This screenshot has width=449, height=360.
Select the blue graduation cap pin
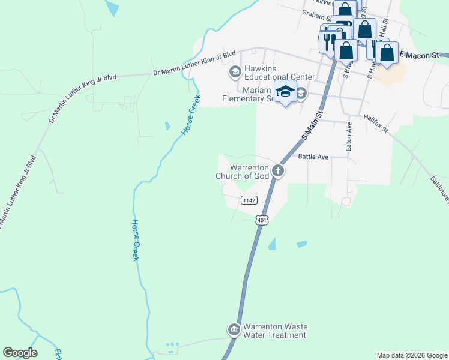(x=285, y=92)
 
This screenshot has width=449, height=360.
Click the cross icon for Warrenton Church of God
(x=277, y=171)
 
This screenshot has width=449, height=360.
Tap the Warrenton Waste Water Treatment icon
(x=234, y=330)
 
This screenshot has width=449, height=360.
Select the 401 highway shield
(x=261, y=220)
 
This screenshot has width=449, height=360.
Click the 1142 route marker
(x=249, y=200)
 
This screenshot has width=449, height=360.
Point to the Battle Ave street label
(x=313, y=157)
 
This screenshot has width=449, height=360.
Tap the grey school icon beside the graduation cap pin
(x=301, y=94)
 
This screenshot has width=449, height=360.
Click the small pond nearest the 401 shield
(x=273, y=244)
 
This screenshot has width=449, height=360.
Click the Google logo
(x=20, y=353)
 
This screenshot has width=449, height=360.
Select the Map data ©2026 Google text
(x=412, y=355)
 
